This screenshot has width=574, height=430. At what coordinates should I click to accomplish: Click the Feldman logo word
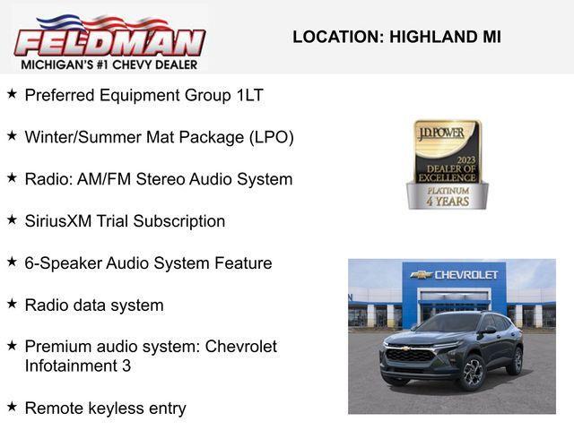(x=109, y=42)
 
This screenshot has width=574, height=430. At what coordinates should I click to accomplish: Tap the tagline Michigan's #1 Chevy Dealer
(x=109, y=64)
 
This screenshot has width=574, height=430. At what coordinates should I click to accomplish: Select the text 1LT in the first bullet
(x=249, y=95)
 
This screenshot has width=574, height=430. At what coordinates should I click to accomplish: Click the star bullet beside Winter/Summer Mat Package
(x=12, y=136)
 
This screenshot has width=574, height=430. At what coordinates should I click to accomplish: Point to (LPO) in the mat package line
(x=272, y=137)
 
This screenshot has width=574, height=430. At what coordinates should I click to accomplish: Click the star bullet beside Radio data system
(x=12, y=304)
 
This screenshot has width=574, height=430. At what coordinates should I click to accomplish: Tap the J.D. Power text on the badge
(x=441, y=133)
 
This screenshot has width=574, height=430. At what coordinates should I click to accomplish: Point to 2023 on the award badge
(x=465, y=160)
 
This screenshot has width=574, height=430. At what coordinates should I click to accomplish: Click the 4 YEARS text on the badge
(x=448, y=201)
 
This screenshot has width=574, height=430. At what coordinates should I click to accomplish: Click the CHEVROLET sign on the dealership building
(x=454, y=275)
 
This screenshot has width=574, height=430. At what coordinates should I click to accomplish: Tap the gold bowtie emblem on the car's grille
(x=404, y=348)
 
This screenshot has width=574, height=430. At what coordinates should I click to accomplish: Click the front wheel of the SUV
(x=473, y=373)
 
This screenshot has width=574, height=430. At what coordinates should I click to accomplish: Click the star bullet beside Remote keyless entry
(x=12, y=407)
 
